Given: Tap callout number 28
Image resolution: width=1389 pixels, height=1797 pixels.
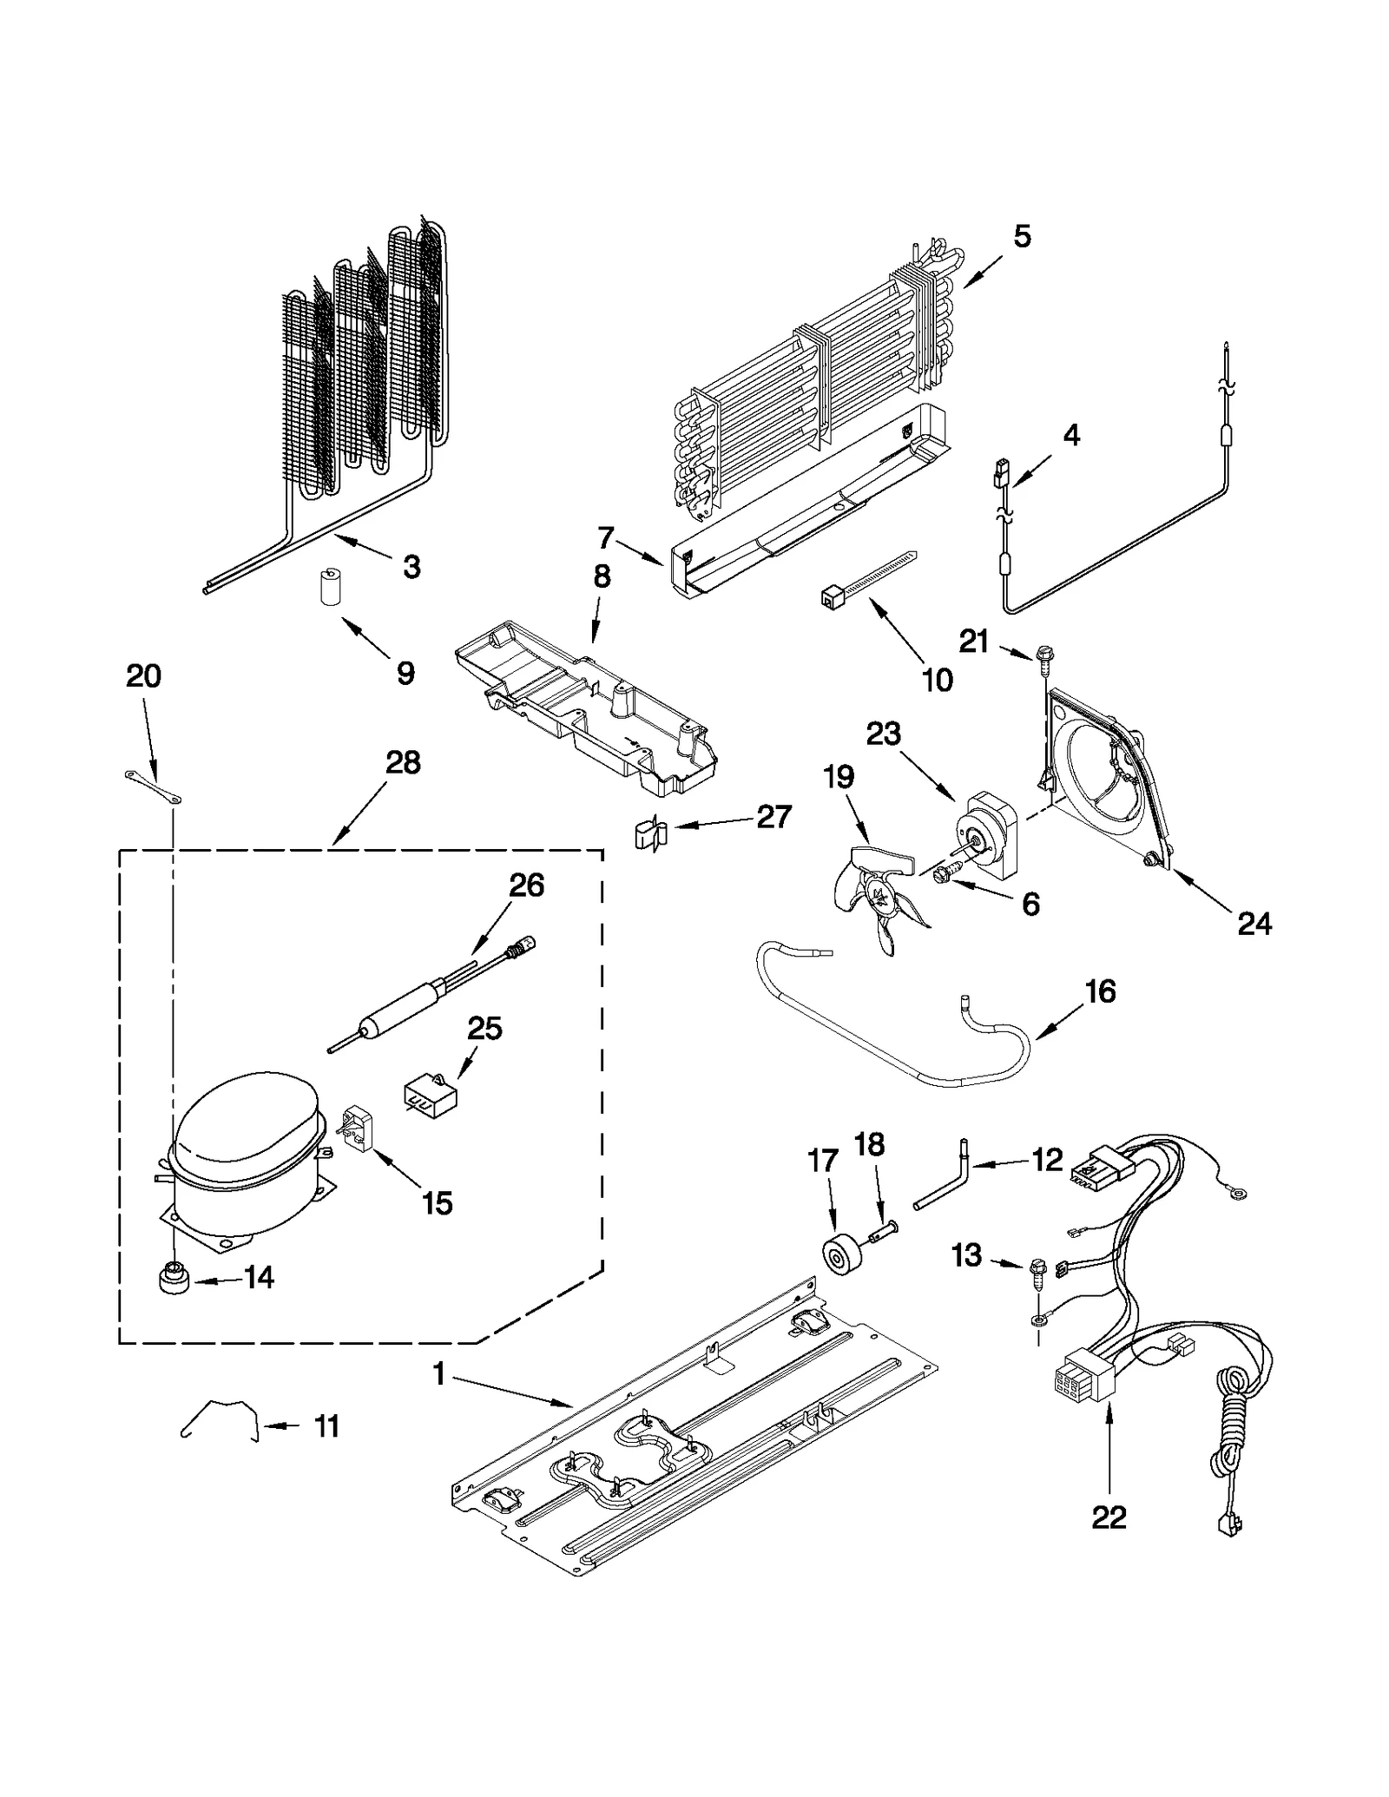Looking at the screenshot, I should point(403,763).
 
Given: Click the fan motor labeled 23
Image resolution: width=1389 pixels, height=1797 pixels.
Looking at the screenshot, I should point(990,833).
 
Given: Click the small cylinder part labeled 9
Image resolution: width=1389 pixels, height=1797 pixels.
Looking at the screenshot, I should point(329,586).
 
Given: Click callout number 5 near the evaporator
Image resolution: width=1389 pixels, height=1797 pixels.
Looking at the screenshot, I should point(1022,236).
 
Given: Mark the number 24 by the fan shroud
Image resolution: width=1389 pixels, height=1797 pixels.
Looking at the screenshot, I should point(1254,925).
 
